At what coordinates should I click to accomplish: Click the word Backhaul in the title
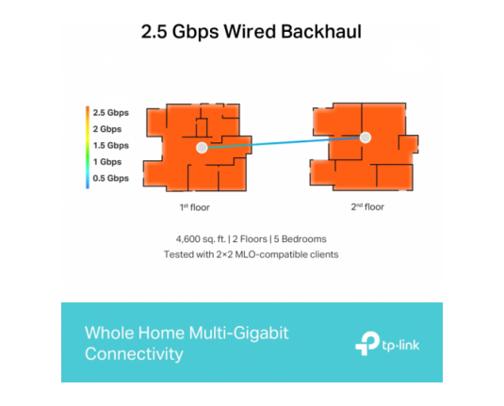pos(321,31)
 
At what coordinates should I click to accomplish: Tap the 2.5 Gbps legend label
pos(111,113)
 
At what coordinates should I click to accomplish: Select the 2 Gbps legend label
pos(107,129)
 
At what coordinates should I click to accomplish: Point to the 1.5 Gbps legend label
pos(111,146)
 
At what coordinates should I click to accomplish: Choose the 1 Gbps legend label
pos(107,162)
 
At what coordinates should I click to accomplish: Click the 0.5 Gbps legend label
pos(111,178)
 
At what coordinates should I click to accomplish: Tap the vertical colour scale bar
pos(88,147)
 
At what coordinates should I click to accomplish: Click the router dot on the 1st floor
pos(202,148)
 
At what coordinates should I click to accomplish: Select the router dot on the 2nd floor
pos(366,138)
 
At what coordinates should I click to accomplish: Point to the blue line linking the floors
pos(284,143)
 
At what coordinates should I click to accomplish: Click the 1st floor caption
pos(195,207)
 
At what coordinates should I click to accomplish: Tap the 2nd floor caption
pos(367,207)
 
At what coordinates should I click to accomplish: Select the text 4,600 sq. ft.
pos(201,239)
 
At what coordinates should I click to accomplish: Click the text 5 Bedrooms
pos(300,239)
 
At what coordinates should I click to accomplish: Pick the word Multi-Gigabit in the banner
pos(238,333)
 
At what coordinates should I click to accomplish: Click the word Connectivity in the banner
pos(134,354)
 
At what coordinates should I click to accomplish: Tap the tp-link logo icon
pos(367,343)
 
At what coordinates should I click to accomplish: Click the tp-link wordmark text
pos(400,346)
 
